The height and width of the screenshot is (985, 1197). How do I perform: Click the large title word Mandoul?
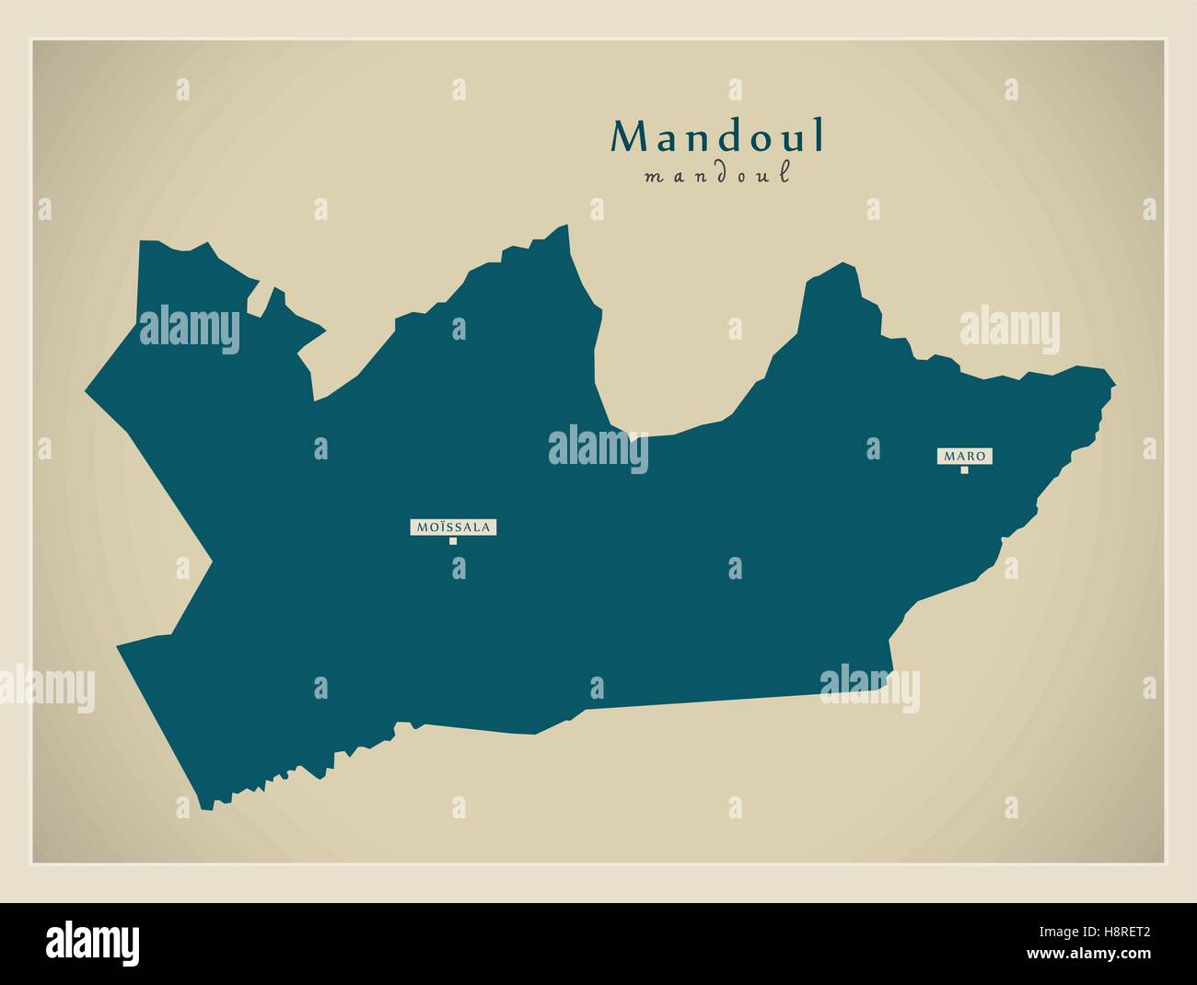[718, 136]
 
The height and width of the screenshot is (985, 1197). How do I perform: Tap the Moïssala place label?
[454, 527]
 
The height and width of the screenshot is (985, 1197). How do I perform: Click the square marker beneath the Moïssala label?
[453, 541]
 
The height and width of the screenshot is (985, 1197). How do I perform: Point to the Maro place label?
[965, 456]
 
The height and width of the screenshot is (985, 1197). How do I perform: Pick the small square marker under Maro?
[965, 470]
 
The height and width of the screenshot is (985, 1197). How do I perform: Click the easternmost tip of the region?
[1115, 381]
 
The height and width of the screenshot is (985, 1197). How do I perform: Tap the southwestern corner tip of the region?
[204, 808]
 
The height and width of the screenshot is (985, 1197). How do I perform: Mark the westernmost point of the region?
[86, 391]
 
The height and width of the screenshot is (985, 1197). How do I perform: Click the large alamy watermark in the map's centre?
[598, 449]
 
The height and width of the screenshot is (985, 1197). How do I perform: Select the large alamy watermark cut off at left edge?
[46, 687]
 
